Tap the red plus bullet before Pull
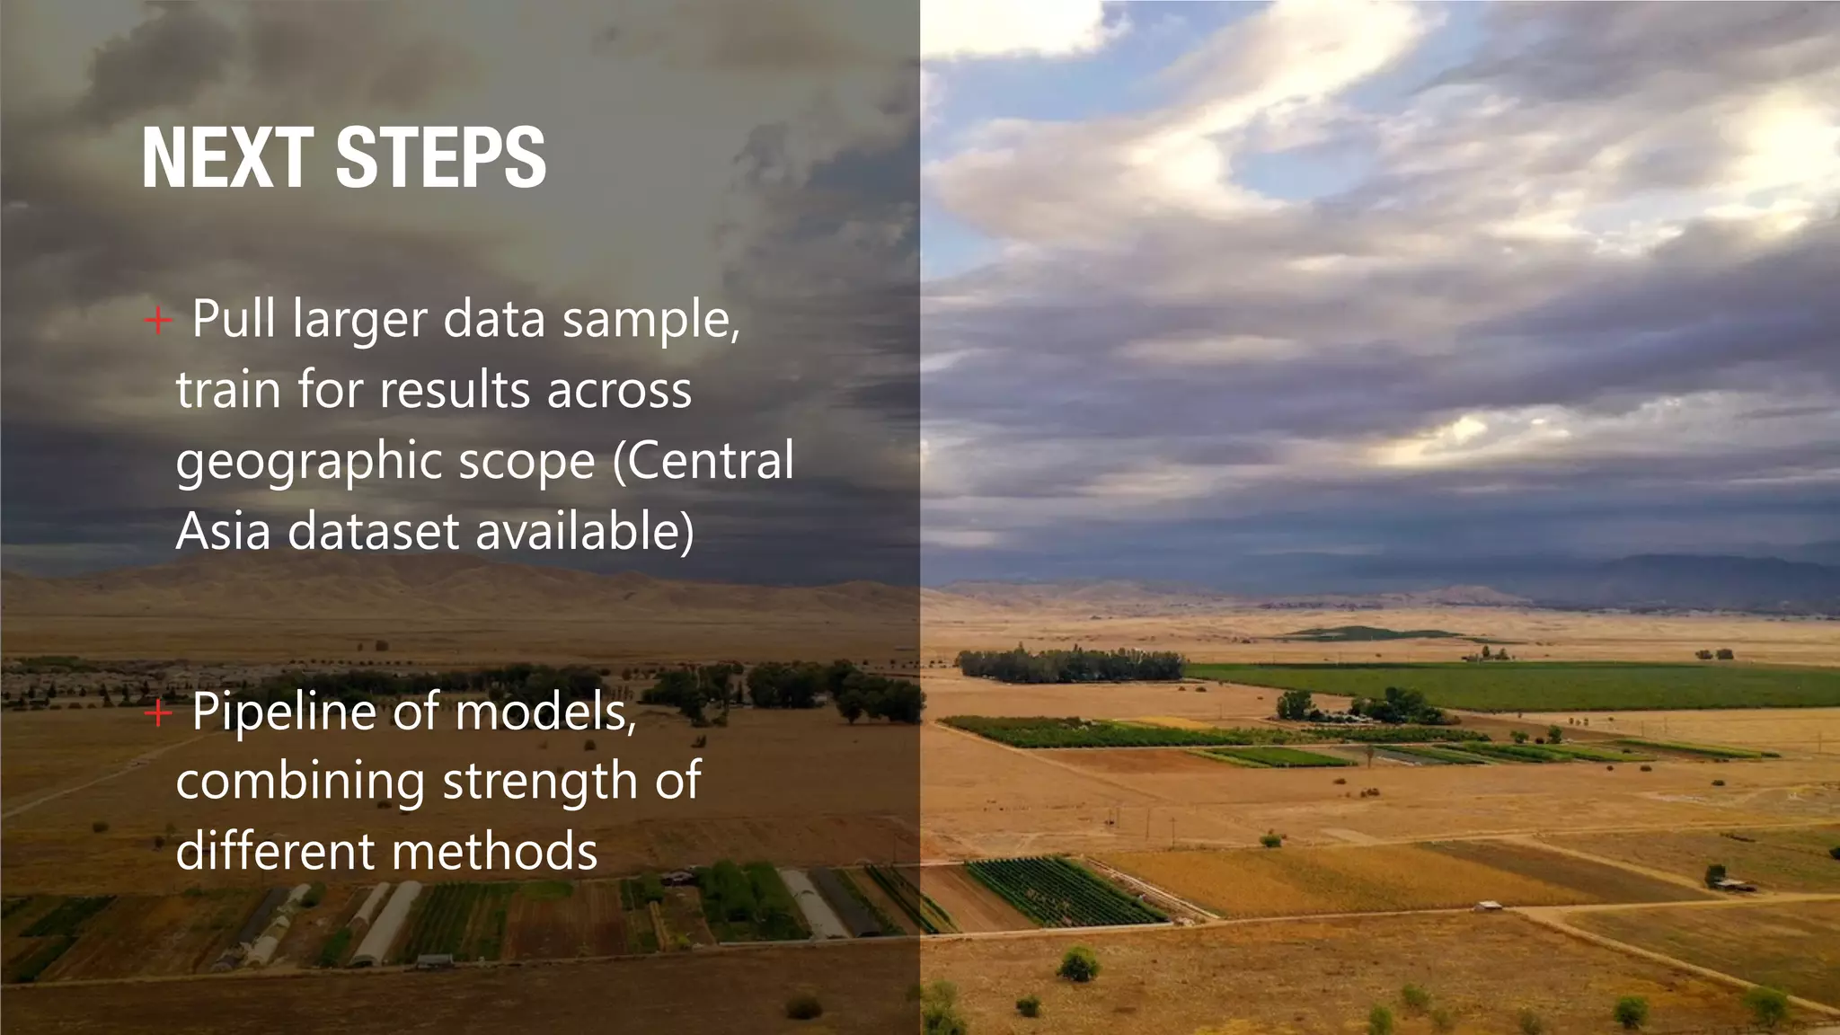click(158, 320)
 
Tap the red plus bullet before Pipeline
click(158, 713)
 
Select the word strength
click(539, 782)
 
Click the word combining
click(300, 782)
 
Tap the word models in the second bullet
click(545, 712)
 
